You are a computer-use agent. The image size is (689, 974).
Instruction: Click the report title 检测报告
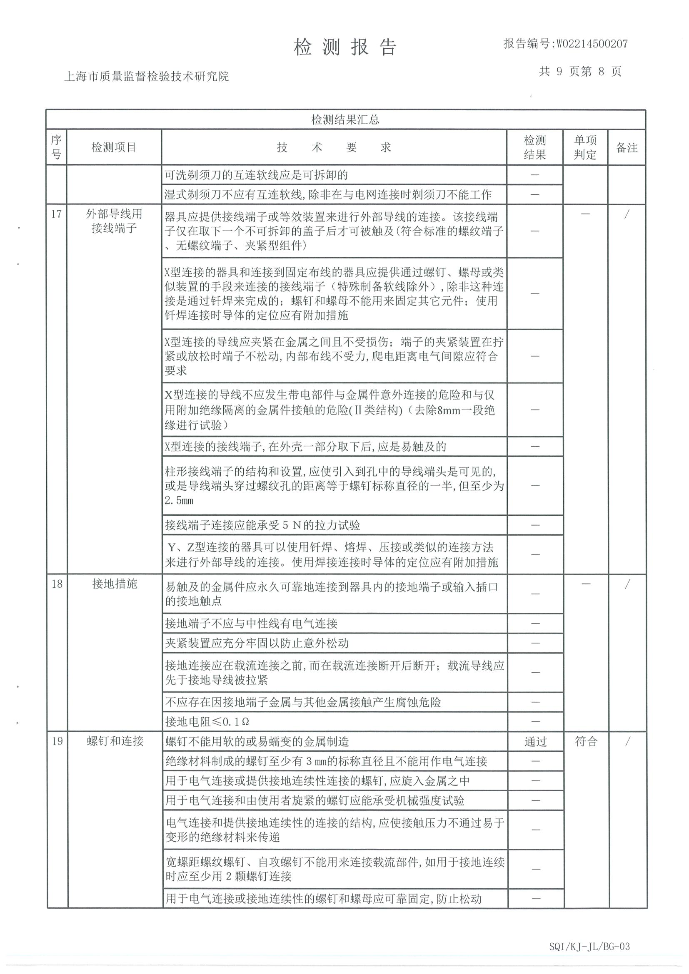(x=345, y=47)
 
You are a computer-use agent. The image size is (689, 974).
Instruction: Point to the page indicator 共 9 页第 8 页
(x=580, y=72)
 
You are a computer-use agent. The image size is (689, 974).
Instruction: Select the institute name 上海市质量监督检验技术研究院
(x=147, y=77)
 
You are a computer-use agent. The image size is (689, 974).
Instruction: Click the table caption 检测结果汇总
(x=345, y=119)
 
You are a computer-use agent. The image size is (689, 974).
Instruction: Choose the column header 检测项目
(x=114, y=148)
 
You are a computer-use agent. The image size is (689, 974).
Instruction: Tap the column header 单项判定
(x=585, y=148)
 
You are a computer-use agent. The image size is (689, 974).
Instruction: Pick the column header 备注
(x=627, y=148)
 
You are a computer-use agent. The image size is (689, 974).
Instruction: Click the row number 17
(x=57, y=214)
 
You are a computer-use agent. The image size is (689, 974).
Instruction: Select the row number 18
(x=57, y=584)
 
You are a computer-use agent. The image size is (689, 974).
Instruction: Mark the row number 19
(x=57, y=741)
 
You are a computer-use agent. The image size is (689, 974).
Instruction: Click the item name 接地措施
(x=115, y=584)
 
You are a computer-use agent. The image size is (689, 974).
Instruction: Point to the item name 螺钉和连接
(x=115, y=741)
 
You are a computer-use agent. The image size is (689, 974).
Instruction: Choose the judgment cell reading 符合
(x=586, y=741)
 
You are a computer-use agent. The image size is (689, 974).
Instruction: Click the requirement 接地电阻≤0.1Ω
(x=207, y=722)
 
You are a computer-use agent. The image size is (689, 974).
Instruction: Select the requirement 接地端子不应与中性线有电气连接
(x=251, y=623)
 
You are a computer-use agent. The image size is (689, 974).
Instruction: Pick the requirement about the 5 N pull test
(x=262, y=526)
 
